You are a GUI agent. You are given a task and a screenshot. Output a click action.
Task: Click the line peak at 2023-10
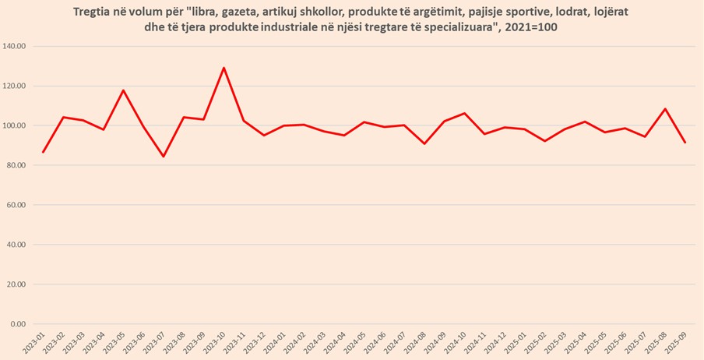(x=224, y=68)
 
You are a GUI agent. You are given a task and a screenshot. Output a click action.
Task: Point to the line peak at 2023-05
(x=123, y=90)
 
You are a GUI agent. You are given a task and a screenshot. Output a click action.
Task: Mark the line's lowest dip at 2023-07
(x=164, y=157)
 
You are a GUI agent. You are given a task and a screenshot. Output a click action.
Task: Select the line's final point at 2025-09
(x=685, y=143)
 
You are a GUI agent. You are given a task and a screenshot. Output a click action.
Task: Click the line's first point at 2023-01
(x=43, y=152)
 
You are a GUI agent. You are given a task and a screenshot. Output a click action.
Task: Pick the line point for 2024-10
(x=464, y=114)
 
